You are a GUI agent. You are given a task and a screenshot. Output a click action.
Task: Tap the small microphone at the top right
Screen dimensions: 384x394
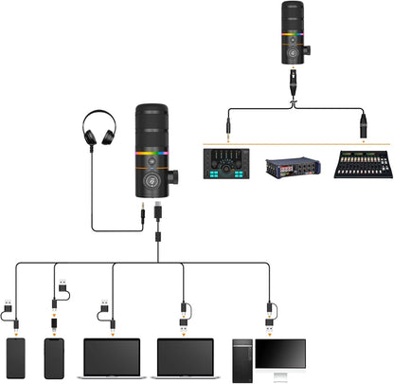coord(293,33)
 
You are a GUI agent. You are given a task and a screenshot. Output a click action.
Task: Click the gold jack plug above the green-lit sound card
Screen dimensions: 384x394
coord(228,122)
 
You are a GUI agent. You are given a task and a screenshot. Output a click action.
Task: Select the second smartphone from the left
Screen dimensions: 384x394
coord(53,357)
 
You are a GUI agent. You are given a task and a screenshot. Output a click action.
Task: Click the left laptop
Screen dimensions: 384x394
coord(113,357)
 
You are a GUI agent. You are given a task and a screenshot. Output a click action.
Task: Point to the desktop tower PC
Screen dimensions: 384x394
coord(244,359)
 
